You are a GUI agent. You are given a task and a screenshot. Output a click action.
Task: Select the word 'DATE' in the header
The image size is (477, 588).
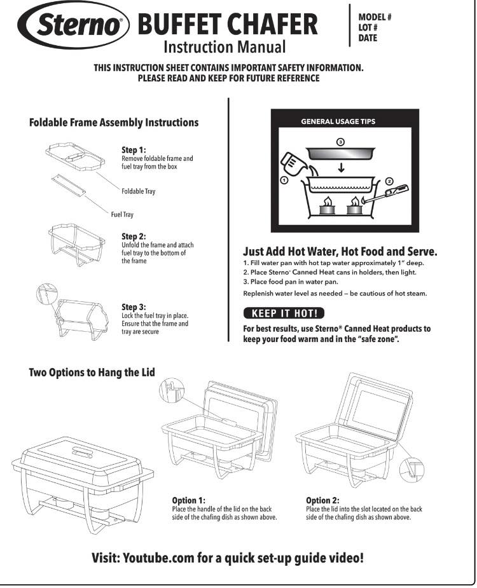tap(368, 38)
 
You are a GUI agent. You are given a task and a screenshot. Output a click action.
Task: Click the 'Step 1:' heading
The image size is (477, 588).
tap(134, 150)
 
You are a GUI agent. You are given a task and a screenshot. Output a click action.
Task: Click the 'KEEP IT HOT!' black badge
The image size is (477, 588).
tap(284, 313)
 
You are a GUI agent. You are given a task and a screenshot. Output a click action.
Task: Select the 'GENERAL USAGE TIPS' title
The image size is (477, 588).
tap(338, 121)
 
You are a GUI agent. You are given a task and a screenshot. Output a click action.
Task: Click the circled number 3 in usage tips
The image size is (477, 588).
tap(340, 141)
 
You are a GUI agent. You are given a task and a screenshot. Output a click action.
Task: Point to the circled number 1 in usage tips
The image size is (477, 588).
tap(284, 181)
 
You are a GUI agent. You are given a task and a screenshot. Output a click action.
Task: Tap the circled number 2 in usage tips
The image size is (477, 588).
tap(389, 181)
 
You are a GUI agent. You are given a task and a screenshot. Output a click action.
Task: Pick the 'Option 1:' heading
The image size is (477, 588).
tap(189, 500)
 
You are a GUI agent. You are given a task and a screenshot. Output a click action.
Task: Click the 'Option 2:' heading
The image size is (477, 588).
tap(322, 500)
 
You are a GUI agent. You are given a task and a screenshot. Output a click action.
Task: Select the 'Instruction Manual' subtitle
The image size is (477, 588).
tap(225, 47)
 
